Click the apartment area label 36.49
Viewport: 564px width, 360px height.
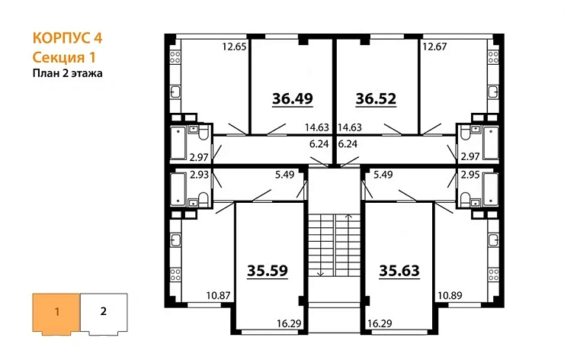293,98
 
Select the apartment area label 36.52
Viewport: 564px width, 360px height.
377,98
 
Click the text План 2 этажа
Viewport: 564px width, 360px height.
67,73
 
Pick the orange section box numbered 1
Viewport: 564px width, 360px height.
56,312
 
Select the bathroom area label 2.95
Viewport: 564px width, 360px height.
470,175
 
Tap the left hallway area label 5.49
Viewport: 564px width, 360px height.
283,175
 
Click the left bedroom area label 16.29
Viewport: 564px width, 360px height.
290,324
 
